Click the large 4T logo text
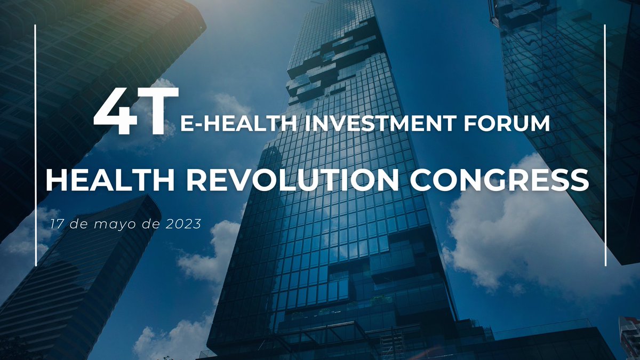click(136, 113)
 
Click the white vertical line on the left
click(35, 144)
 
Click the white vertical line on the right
click(606, 144)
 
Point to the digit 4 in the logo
click(114, 113)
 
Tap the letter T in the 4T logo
click(158, 113)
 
